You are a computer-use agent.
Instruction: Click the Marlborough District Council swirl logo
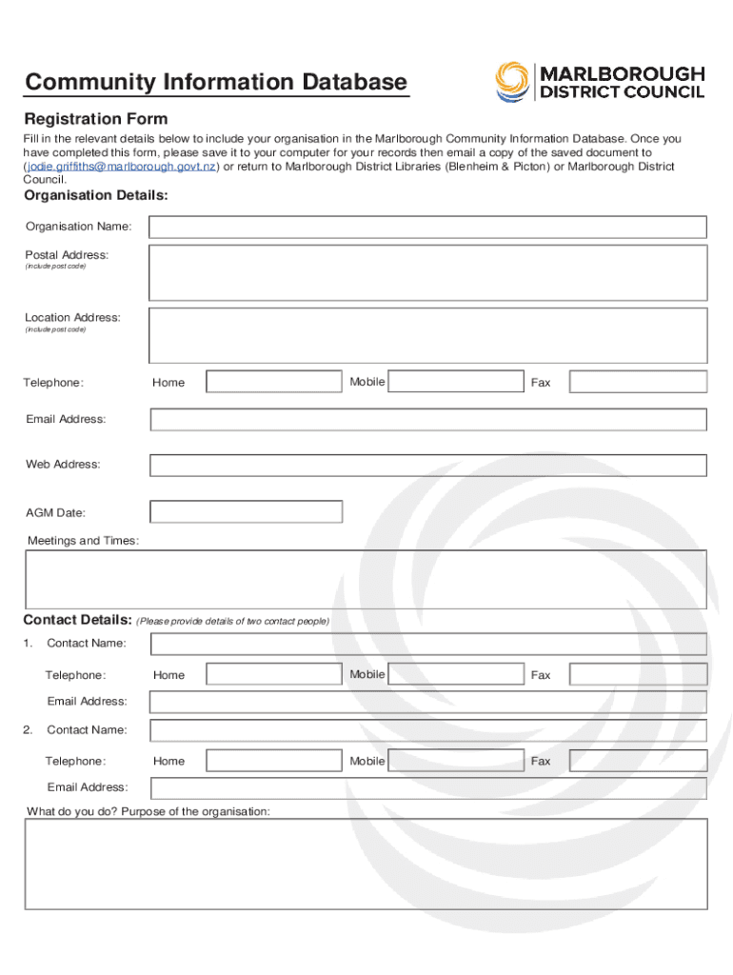512,82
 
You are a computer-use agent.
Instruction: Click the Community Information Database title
216,83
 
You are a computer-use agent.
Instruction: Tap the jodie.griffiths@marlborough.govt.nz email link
120,167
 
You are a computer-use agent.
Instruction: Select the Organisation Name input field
427,227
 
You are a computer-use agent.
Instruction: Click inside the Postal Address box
427,273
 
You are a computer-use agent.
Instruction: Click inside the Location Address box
427,334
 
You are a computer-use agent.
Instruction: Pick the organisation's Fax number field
638,382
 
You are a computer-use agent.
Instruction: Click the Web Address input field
427,465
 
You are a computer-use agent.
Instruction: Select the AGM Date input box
247,512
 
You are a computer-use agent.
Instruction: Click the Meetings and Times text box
366,579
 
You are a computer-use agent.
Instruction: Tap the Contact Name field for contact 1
427,645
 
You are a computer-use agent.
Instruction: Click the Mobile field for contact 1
457,674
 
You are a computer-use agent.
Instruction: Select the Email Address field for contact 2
427,788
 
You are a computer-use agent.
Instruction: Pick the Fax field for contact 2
638,761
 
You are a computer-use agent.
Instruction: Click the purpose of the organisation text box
366,864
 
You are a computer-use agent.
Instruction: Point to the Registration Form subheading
95,119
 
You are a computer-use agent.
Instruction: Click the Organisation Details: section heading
96,195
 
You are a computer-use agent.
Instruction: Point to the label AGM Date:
55,513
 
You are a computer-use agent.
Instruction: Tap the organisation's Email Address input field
427,420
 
